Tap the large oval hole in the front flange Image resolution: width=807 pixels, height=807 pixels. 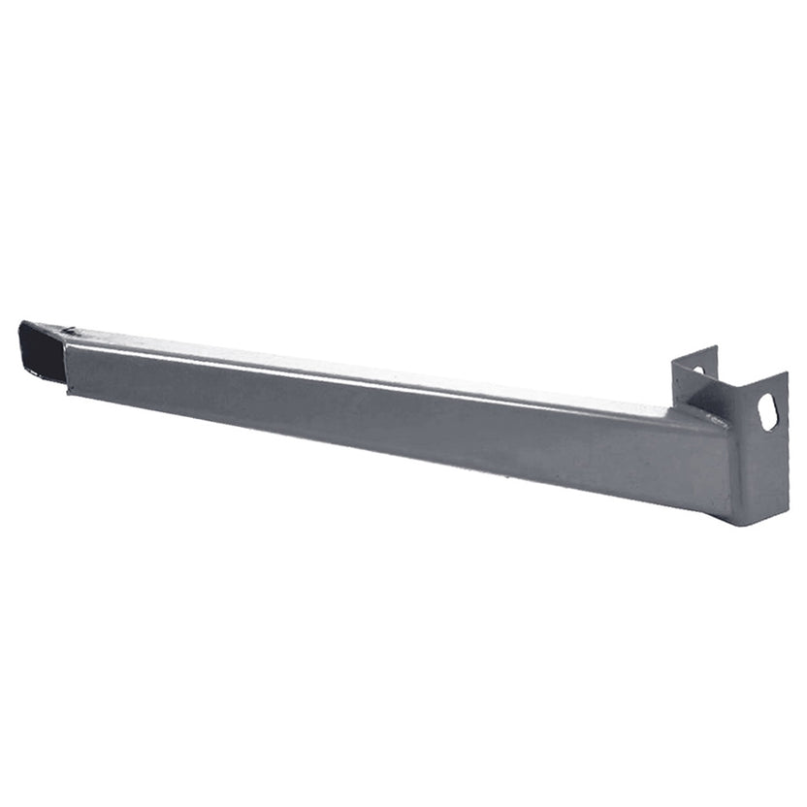pyautogui.click(x=767, y=411)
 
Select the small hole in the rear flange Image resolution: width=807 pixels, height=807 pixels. pyautogui.click(x=697, y=371)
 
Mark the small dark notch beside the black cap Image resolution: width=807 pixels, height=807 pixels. pyautogui.click(x=68, y=333)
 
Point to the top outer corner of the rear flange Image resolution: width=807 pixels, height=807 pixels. pyautogui.click(x=715, y=347)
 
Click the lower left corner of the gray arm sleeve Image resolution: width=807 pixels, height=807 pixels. pyautogui.click(x=66, y=393)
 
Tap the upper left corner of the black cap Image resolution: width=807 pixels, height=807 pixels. pyautogui.click(x=21, y=325)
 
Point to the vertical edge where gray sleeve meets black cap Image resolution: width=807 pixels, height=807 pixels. pyautogui.click(x=65, y=364)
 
